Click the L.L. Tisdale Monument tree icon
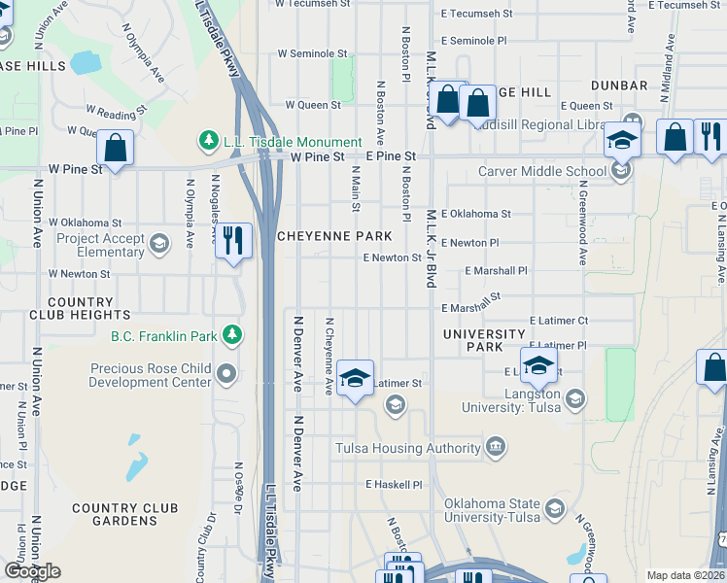[x=208, y=142]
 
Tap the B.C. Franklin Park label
[x=164, y=337]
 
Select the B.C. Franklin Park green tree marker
[x=231, y=336]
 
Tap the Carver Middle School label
[x=542, y=172]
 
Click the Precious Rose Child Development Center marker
[x=226, y=373]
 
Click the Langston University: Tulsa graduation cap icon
[x=574, y=398]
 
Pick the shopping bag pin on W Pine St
[x=115, y=149]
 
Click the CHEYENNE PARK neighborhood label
[x=334, y=236]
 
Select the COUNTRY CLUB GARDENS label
[x=124, y=514]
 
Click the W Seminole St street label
[x=312, y=53]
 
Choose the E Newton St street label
[x=392, y=257]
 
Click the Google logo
[x=32, y=571]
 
